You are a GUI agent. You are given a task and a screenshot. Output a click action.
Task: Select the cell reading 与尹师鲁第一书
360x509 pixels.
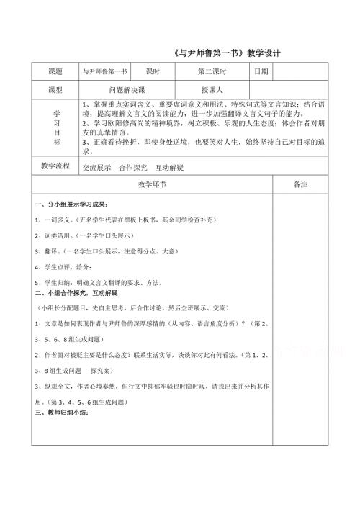point(104,72)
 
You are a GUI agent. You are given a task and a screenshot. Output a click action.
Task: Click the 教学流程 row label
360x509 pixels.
point(55,167)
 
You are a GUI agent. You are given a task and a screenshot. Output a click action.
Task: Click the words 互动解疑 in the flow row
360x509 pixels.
point(169,168)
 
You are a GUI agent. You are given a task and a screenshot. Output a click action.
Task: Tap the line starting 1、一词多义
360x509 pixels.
point(105,219)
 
